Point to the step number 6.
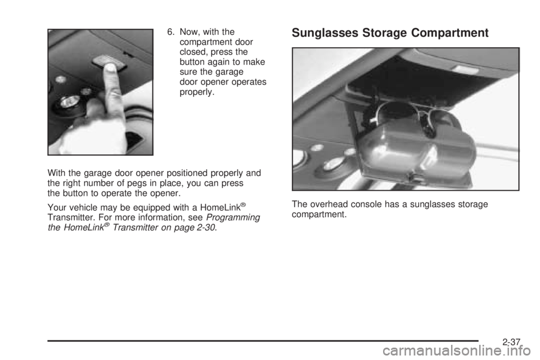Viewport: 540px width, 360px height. point(170,32)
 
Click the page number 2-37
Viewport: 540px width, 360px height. point(511,342)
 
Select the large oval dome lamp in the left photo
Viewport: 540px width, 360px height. point(69,102)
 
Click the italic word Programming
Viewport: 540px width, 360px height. point(233,218)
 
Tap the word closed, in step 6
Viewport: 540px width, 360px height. point(192,52)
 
